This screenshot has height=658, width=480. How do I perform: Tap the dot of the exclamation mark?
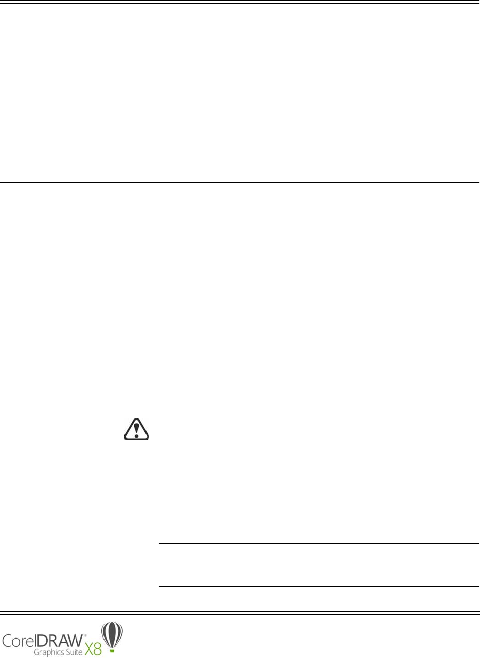pos(137,434)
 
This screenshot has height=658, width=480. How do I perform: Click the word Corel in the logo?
pos(20,641)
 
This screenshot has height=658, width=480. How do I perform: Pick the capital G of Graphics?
pos(36,652)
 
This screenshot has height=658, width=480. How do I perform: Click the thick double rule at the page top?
pos(240,3)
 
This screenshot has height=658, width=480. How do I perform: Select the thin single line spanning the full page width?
pos(240,182)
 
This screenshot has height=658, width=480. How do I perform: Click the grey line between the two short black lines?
pos(318,565)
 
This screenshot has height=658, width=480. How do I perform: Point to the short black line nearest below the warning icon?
pos(318,544)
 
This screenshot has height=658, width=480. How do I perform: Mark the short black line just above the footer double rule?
pos(318,586)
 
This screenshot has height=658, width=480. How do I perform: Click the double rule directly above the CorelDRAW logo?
pos(240,612)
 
